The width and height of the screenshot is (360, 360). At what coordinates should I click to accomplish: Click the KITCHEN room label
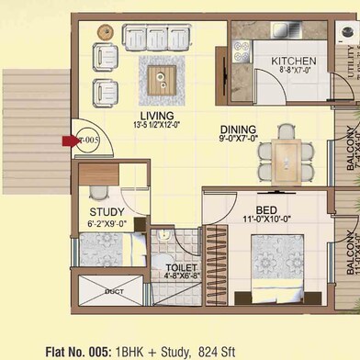[293, 62]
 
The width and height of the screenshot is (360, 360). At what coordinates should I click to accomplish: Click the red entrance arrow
[71, 141]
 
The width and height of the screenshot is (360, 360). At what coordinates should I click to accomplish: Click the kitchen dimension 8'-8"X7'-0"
[293, 70]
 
